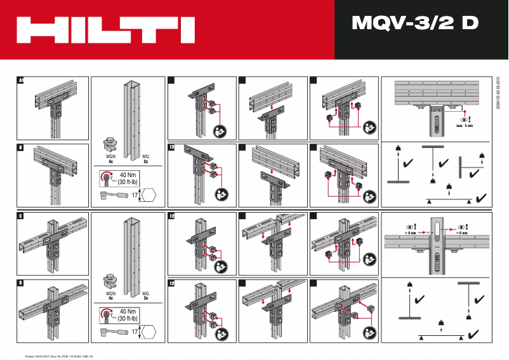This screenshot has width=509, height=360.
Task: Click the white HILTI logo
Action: pos(105,30)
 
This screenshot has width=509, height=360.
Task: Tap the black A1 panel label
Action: pos(20,81)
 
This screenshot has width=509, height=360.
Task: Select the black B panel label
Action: pos(20,148)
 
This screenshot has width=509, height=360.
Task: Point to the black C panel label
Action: pos(20,217)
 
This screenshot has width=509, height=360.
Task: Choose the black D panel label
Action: pos(20,283)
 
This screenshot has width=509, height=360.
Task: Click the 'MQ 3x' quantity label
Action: pos(145,295)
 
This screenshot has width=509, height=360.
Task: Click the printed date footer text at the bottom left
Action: pos(58,356)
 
